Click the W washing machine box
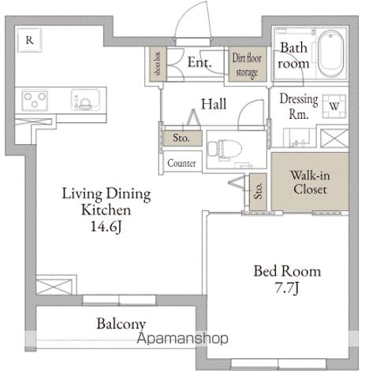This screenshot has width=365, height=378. pos(333,105)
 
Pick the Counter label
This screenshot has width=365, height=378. pos(181,165)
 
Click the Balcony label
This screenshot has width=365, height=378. pos(121,324)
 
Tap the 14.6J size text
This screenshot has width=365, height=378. pos(95,228)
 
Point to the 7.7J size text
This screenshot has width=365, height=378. pos(287,290)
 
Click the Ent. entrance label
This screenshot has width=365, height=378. pos(199,63)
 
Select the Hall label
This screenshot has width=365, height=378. pos(214,103)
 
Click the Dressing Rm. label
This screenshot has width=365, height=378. pos(300,106)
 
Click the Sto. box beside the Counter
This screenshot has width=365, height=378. pos(180,137)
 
